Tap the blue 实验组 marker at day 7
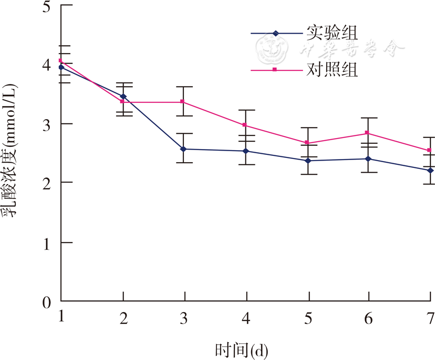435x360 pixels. (x=430, y=171)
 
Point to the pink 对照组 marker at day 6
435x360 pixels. (x=368, y=133)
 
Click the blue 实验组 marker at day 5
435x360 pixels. (x=308, y=161)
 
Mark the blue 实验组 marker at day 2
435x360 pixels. (x=123, y=96)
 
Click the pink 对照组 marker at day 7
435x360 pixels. (x=430, y=150)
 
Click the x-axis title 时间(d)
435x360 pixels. (x=245, y=349)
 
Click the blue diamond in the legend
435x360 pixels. (x=275, y=33)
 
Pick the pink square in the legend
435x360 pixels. (x=275, y=69)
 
